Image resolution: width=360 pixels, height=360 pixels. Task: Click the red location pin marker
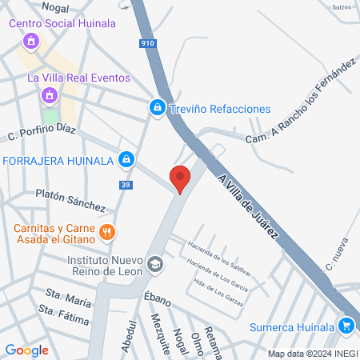[x=180, y=178]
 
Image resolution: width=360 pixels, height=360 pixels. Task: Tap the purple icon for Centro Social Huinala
[x=31, y=40]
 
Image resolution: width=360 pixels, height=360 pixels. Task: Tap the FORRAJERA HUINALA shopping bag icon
[x=125, y=160]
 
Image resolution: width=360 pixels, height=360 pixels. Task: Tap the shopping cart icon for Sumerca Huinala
[x=346, y=326]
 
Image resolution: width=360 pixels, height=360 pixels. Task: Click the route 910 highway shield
[x=146, y=42]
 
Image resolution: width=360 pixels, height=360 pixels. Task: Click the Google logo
[x=26, y=350]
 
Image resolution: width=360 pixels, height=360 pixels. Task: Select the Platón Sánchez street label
[x=70, y=200]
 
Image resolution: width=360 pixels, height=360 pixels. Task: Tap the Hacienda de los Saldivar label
[x=219, y=257]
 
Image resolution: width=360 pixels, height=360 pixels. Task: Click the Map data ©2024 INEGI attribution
[x=312, y=353]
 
